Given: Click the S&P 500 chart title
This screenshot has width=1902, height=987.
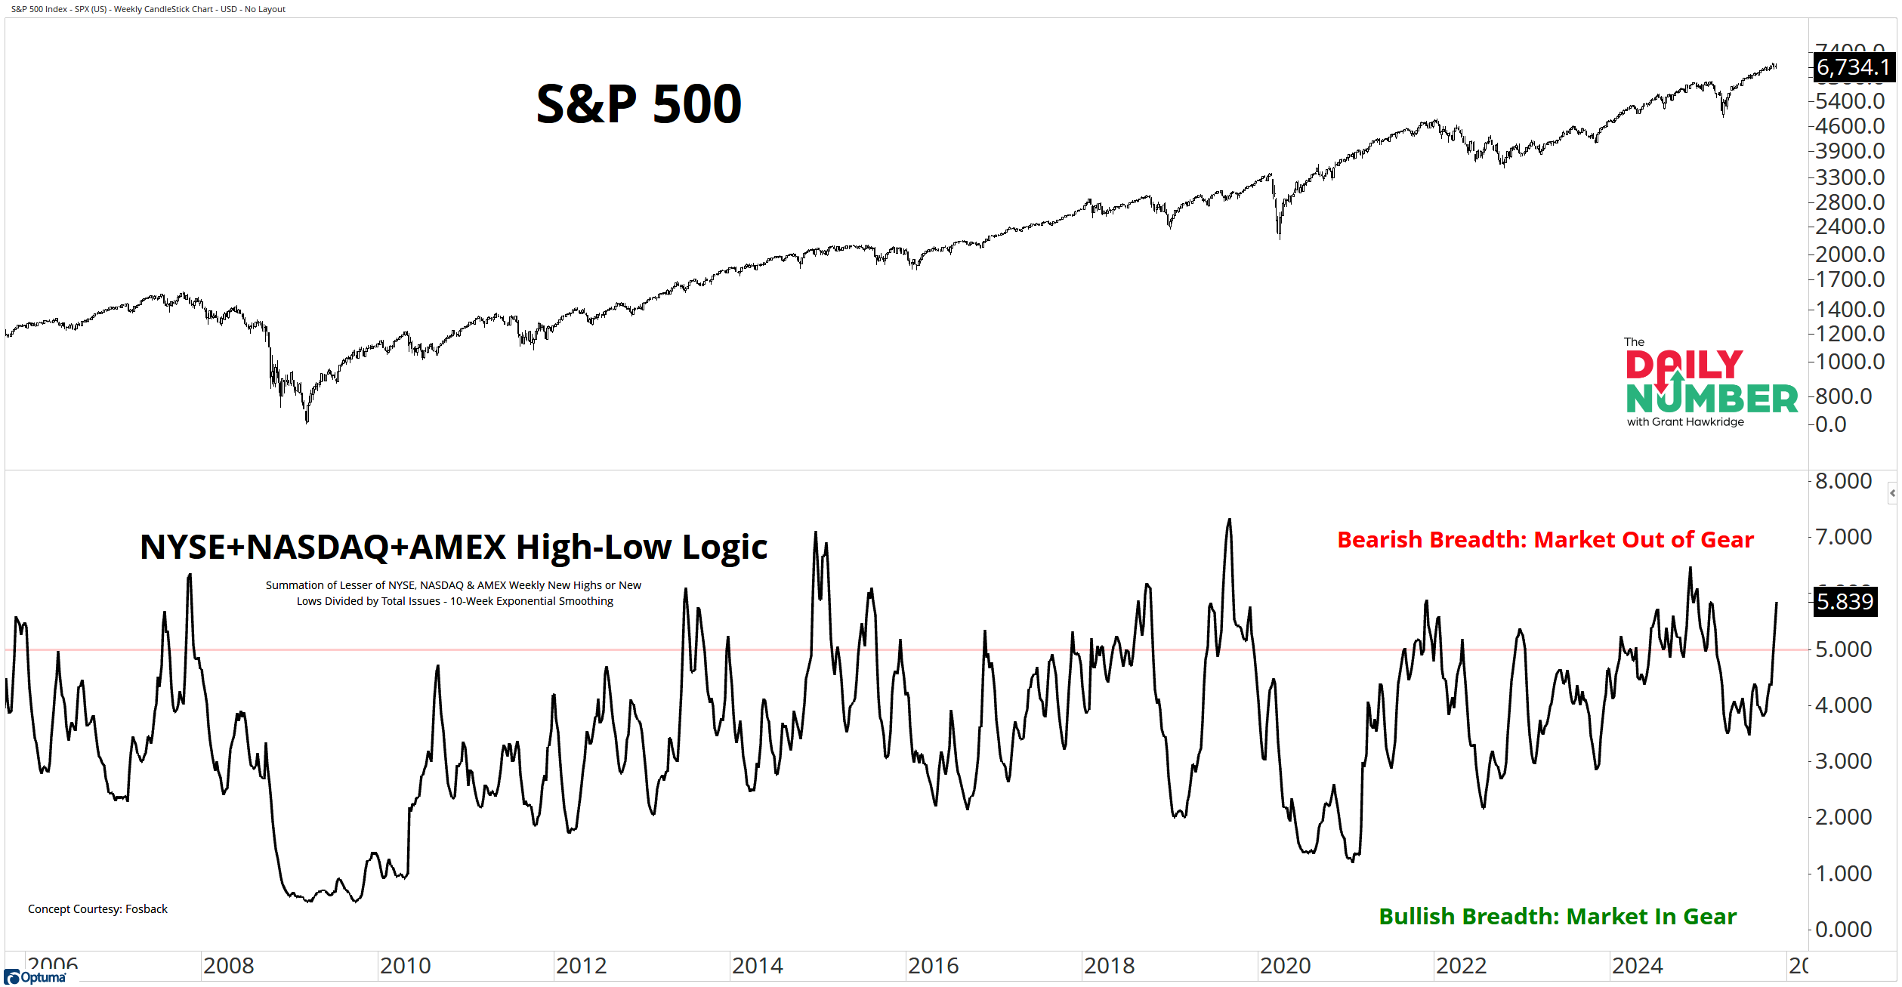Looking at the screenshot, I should [x=638, y=103].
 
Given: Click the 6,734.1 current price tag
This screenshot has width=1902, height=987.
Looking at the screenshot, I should [x=1853, y=67].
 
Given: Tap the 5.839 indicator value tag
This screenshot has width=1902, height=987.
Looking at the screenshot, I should [x=1845, y=602].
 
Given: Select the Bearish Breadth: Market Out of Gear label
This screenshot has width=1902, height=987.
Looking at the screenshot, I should [x=1545, y=540].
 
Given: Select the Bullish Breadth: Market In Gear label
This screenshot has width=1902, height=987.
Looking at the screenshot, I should [x=1558, y=916].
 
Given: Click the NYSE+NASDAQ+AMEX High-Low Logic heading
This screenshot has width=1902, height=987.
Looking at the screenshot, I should [x=453, y=547].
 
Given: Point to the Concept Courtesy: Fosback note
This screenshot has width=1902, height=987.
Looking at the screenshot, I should [x=97, y=909].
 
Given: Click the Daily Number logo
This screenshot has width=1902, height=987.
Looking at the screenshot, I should [x=1711, y=383].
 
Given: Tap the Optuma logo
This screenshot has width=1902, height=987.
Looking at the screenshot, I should [x=36, y=977].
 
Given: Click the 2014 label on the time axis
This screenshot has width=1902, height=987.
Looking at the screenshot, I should [x=757, y=966].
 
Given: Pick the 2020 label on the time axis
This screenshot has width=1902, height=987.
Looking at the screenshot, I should [x=1285, y=966].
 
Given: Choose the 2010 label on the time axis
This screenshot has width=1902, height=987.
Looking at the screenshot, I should [x=405, y=966].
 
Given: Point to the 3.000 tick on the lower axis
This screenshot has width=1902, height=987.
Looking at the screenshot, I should [x=1843, y=761].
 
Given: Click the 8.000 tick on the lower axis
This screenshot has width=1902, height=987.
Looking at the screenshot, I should [x=1843, y=481].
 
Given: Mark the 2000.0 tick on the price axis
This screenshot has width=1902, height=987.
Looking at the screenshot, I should [x=1849, y=254].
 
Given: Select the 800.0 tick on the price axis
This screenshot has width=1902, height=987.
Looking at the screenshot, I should [x=1843, y=396].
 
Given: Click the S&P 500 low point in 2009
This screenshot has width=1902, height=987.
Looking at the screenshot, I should [x=307, y=421].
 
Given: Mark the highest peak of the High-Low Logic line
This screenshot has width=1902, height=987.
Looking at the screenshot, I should [x=1230, y=520].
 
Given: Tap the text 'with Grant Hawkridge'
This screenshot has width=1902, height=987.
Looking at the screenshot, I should [x=1685, y=422].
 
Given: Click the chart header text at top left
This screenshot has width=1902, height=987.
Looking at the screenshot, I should [x=148, y=9].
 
